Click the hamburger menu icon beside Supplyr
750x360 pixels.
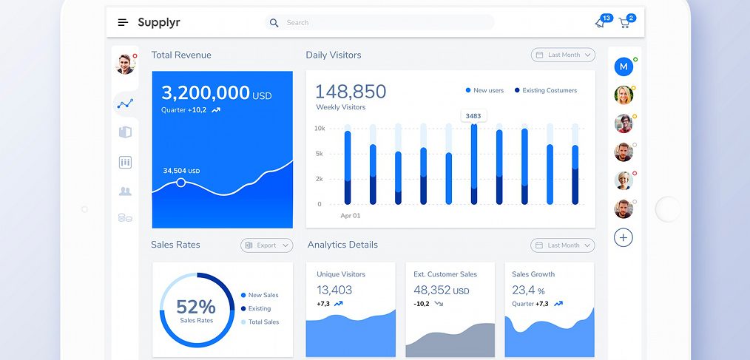click(x=123, y=23)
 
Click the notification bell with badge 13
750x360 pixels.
click(x=600, y=23)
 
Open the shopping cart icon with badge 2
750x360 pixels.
click(x=625, y=23)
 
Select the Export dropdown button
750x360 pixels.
click(x=266, y=245)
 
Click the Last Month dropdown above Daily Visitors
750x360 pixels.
click(x=563, y=55)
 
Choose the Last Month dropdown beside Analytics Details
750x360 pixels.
click(x=563, y=245)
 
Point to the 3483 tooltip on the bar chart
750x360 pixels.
click(x=473, y=115)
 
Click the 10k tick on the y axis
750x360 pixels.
click(x=320, y=129)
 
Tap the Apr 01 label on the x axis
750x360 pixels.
click(x=350, y=216)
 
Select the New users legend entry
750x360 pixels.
click(x=484, y=90)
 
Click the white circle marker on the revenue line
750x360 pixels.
click(x=181, y=182)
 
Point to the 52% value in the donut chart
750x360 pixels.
click(x=196, y=307)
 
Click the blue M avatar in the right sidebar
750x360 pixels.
click(x=624, y=67)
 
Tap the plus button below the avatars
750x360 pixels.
click(x=624, y=237)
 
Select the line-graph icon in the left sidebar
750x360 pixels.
click(x=125, y=104)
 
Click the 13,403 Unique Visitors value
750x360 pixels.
click(x=334, y=291)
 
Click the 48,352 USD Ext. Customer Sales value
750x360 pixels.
click(x=441, y=291)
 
